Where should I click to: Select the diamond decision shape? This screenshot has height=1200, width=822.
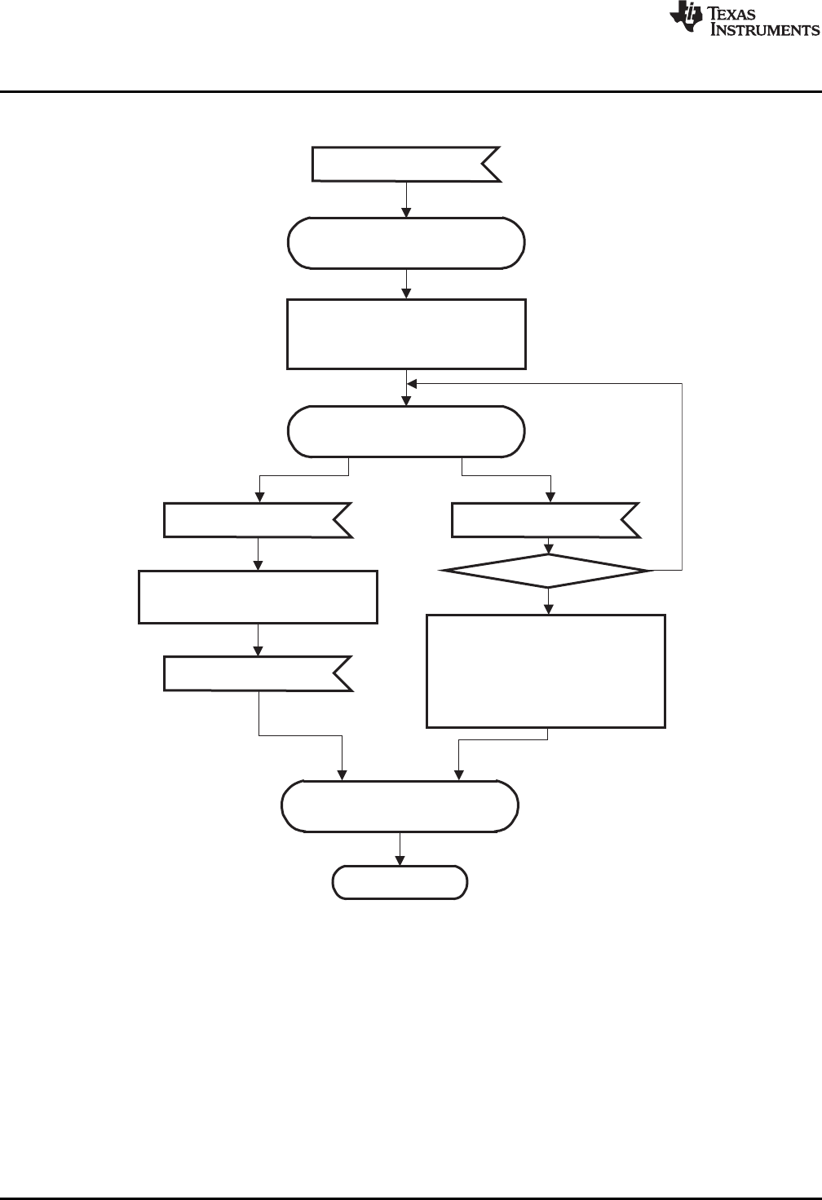pos(547,571)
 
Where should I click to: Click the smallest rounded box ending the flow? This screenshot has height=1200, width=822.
pos(400,882)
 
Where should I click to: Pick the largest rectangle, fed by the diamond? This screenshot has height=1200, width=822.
pos(546,670)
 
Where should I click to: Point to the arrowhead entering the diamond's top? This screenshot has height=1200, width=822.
pos(548,549)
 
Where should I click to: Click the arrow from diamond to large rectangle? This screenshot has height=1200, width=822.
pos(548,601)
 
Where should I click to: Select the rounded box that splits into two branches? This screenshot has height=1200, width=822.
pos(406,431)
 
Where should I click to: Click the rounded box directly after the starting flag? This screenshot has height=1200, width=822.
pos(406,242)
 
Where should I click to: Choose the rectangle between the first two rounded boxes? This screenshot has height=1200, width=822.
pos(406,334)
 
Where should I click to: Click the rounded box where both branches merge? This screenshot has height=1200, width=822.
pos(400,806)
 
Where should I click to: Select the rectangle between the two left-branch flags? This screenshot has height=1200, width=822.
pos(258,598)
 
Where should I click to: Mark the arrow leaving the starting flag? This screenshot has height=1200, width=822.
pos(406,200)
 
